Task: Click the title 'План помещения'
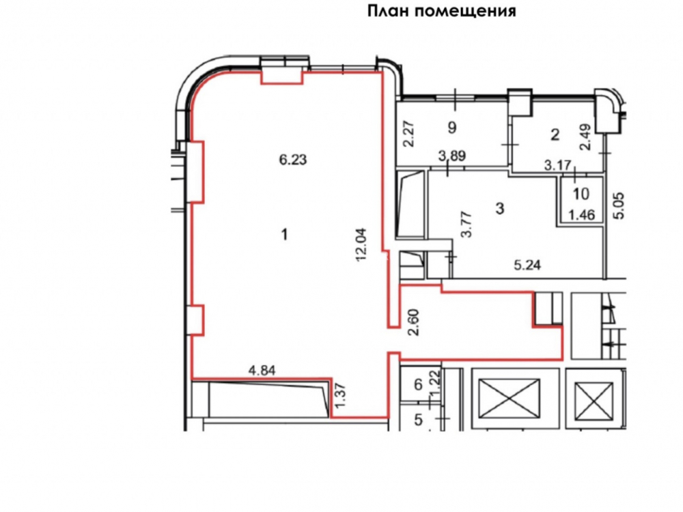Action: [x=442, y=10]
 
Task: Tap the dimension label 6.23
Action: [x=293, y=160]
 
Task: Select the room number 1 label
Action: [x=284, y=235]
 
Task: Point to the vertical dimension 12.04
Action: [x=361, y=244]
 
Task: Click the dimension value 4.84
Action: [x=262, y=371]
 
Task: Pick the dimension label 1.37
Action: [x=341, y=395]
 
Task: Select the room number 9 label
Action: [x=452, y=128]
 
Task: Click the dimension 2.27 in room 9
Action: [x=409, y=134]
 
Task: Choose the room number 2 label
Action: [x=555, y=134]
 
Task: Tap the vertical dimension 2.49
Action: [x=586, y=137]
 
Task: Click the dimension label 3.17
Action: [x=557, y=165]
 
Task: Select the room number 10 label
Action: [x=581, y=194]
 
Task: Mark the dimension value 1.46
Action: [x=581, y=214]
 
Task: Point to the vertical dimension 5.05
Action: [x=619, y=206]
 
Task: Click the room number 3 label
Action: [x=500, y=208]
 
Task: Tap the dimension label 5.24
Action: [x=527, y=265]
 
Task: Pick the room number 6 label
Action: [x=418, y=384]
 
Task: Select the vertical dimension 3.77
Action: [x=467, y=224]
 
